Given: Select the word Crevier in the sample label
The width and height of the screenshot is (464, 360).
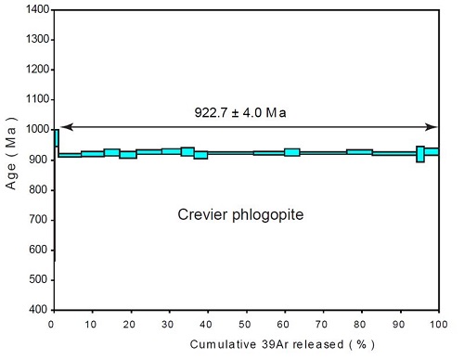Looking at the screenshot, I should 202,215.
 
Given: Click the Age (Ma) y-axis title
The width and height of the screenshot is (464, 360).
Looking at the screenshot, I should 11,160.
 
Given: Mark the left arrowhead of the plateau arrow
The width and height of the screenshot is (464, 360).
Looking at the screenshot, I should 63,127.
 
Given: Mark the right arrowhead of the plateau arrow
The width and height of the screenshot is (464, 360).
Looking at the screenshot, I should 433,127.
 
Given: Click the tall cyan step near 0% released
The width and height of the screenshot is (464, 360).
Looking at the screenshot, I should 56,138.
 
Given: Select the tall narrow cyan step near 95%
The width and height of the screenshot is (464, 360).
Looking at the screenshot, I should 420,154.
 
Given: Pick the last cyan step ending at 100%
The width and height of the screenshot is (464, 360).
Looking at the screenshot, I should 432,151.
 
